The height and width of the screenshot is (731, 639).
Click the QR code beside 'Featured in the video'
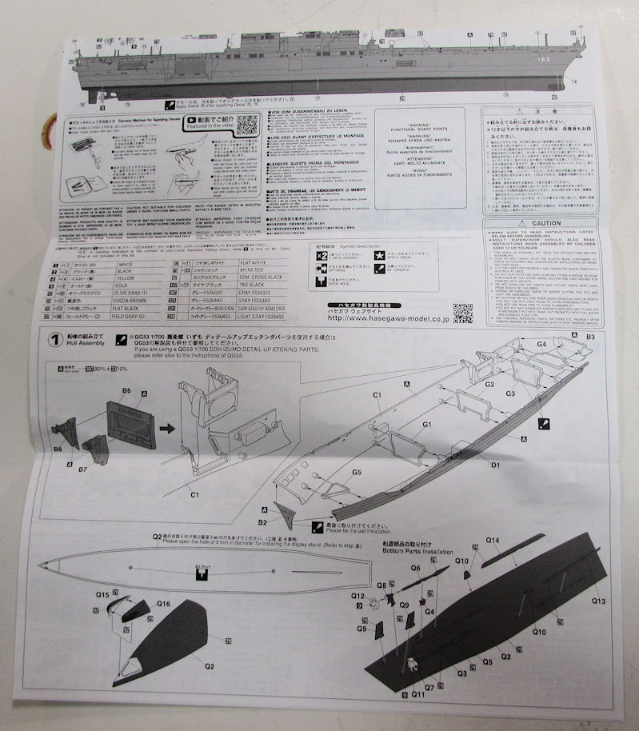(x=248, y=125)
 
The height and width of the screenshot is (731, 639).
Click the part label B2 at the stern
(x=262, y=521)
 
